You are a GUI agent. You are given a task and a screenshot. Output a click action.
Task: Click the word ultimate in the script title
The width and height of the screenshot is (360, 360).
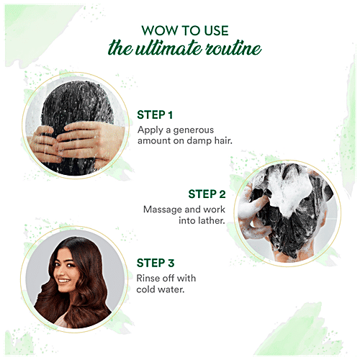tap(180, 49)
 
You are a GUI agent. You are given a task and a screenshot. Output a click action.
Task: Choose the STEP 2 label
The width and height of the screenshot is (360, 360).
tap(207, 194)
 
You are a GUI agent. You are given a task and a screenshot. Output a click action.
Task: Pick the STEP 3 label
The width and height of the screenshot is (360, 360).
tap(156, 264)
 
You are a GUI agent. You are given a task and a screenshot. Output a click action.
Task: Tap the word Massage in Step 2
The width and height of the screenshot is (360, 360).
tap(163, 209)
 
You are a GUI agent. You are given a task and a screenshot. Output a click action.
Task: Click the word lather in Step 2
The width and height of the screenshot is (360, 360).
tap(211, 222)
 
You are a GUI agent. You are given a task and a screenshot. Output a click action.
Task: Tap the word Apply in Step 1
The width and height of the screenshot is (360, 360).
tap(150, 130)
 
